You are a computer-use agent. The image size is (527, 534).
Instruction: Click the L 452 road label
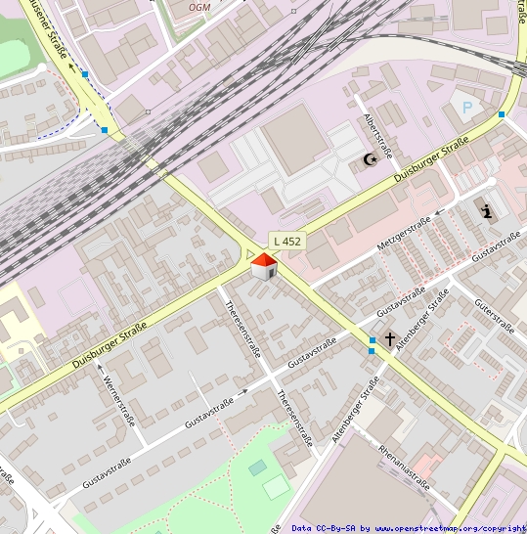(287, 241)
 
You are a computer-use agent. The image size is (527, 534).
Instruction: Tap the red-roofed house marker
(264, 265)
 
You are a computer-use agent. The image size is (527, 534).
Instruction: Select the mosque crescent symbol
(371, 159)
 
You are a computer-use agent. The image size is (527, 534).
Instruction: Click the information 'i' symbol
(488, 210)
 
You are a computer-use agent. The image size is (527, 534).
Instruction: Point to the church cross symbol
(390, 339)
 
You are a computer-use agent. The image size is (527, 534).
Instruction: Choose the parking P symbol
(467, 108)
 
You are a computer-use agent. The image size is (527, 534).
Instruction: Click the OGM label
(198, 7)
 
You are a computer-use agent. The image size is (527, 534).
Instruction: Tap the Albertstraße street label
(377, 135)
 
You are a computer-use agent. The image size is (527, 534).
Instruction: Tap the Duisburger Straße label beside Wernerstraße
(109, 345)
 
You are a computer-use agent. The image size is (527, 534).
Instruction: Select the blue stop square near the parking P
(502, 115)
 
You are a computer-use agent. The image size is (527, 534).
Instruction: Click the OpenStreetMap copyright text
(409, 528)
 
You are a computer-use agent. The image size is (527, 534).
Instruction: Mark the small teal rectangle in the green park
(257, 468)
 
